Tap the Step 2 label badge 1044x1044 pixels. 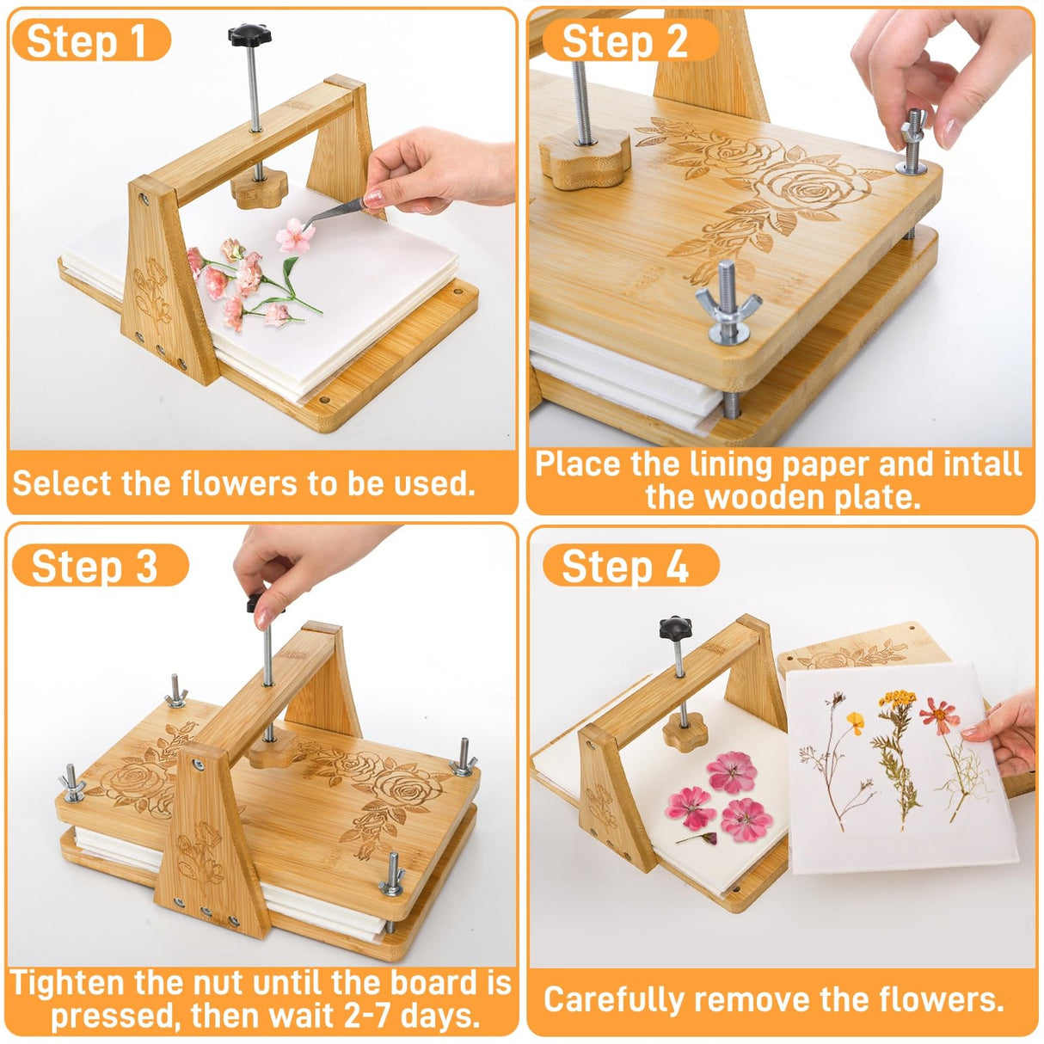point(624,41)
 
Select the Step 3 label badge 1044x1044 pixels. point(95,567)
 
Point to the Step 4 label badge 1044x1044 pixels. point(626,567)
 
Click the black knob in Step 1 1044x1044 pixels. point(249,35)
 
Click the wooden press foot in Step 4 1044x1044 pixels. point(684,732)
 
